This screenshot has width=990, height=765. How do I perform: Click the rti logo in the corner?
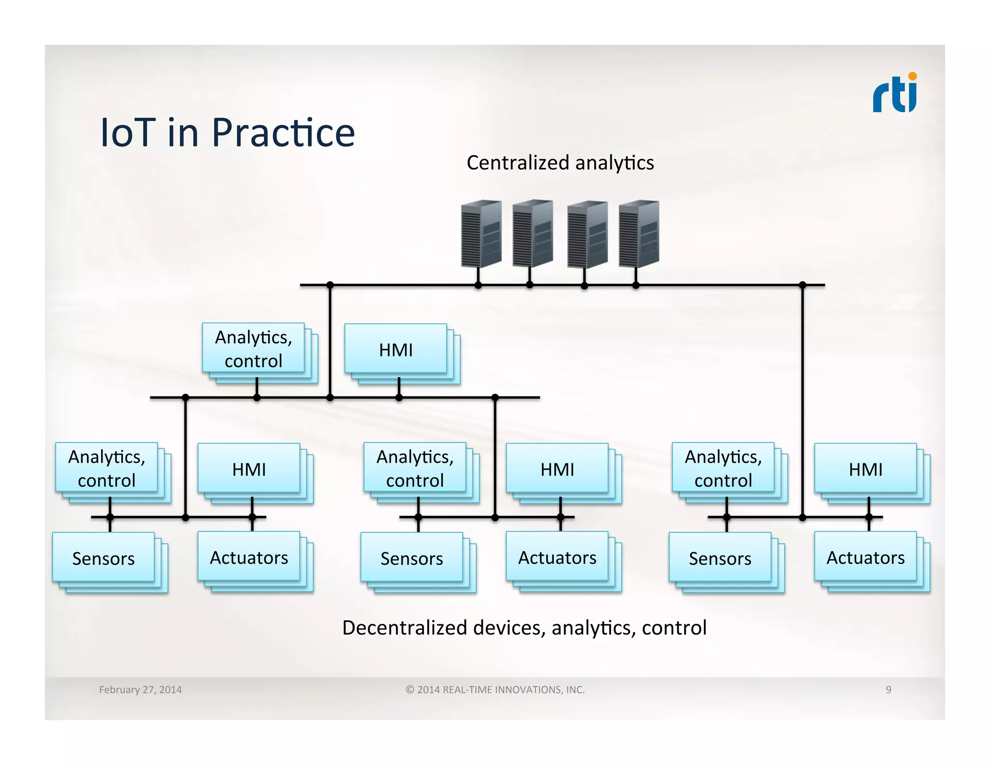895,93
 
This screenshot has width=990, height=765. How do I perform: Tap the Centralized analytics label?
560,163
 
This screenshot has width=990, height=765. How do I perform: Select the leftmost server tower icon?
481,234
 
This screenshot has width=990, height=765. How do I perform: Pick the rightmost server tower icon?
639,234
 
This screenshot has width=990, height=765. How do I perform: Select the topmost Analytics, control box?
253,349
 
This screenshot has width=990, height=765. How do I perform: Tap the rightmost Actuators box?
865,558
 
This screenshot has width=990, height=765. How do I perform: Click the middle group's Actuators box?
557,558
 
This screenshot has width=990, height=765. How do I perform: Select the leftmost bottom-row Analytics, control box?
106,468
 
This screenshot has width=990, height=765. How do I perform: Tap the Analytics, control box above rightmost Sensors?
723,468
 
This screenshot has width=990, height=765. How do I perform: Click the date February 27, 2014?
140,690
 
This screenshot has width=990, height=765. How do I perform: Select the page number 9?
888,690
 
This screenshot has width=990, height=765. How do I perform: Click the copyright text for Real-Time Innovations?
495,690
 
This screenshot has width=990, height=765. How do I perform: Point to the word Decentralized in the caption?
405,628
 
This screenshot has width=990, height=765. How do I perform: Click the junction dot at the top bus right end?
802,285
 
